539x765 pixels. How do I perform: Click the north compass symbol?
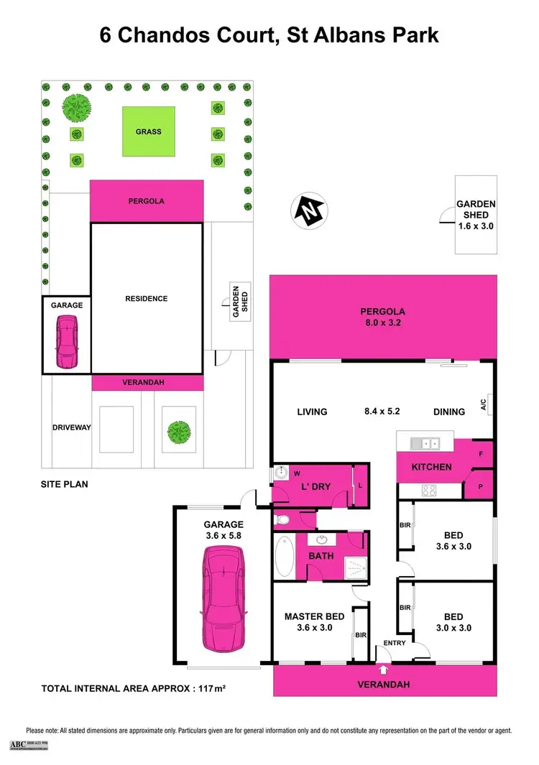(x=308, y=210)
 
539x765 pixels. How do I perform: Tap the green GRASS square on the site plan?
(x=148, y=131)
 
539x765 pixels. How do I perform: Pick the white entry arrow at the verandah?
(x=382, y=670)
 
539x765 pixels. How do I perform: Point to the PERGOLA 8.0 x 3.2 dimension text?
(x=383, y=317)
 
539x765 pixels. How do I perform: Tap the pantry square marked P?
(x=479, y=486)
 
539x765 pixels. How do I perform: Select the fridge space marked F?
(x=480, y=454)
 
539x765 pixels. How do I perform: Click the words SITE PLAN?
(x=64, y=484)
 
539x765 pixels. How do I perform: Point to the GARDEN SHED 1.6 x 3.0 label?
(x=474, y=215)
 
